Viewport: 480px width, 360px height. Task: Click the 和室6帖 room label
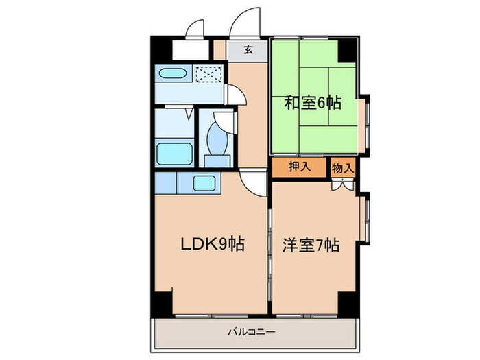tap(313, 104)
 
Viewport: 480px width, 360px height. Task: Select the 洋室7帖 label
tap(311, 244)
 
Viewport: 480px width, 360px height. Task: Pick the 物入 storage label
tap(343, 167)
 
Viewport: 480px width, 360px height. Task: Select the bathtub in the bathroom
tap(173, 152)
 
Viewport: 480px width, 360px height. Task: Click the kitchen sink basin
tap(204, 183)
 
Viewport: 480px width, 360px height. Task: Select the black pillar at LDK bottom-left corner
tap(163, 302)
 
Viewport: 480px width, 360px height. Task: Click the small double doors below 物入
tap(342, 184)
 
